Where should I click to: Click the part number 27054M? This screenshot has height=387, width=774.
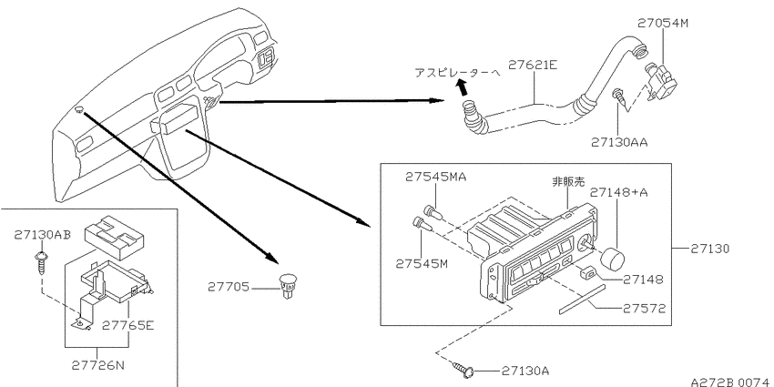click(x=662, y=23)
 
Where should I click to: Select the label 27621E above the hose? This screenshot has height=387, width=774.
click(x=533, y=65)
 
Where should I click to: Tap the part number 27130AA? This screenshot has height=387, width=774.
click(x=619, y=142)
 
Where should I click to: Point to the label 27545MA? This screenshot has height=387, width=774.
click(x=435, y=177)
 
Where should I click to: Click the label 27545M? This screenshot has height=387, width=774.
click(x=422, y=263)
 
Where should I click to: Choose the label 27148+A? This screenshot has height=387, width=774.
click(x=619, y=192)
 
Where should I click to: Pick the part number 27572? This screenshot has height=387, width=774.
click(x=643, y=309)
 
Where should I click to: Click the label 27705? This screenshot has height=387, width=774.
click(x=229, y=287)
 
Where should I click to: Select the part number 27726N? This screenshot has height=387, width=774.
click(x=97, y=366)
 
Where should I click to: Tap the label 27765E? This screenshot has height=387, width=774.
click(x=127, y=325)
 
